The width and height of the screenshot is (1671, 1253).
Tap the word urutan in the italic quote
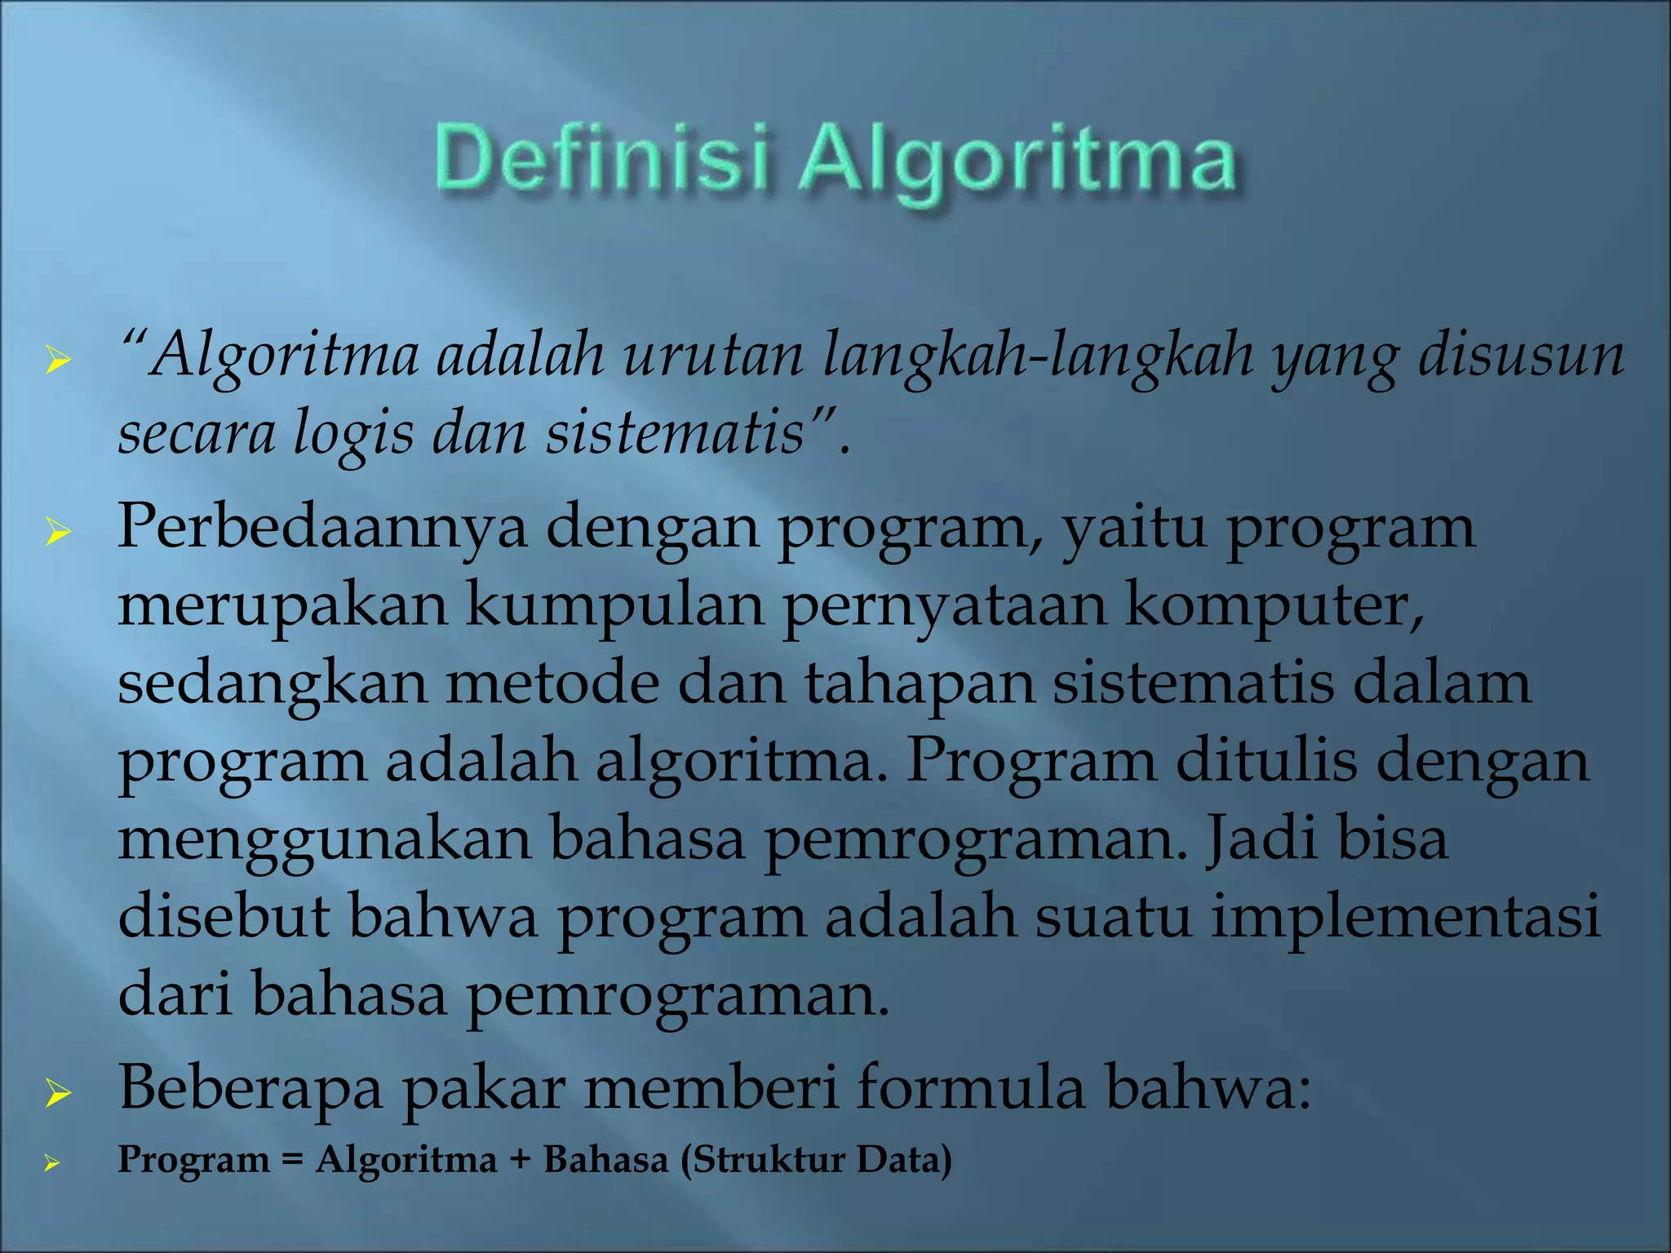point(713,356)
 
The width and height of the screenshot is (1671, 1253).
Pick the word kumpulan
point(614,607)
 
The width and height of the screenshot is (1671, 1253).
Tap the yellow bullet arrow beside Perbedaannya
point(58,534)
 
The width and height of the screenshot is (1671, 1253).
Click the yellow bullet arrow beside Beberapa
point(58,1093)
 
